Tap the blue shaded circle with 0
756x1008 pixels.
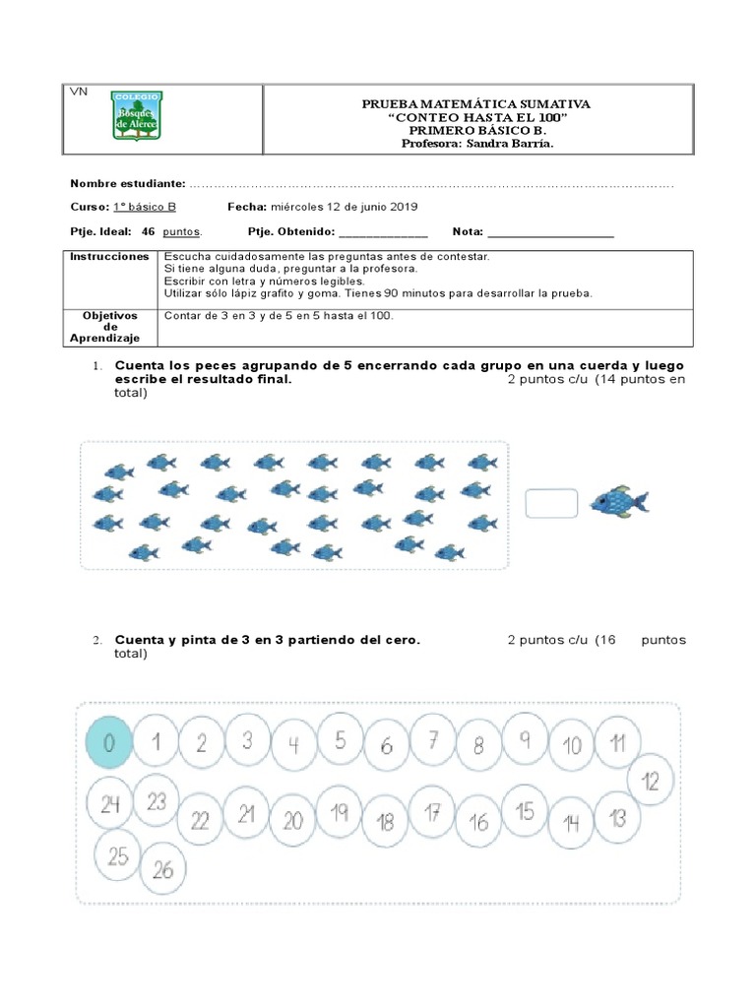click(108, 743)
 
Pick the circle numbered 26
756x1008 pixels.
click(164, 868)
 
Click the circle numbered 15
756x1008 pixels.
click(526, 811)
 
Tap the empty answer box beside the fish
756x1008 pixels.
click(551, 503)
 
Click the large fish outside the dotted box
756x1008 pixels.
click(618, 503)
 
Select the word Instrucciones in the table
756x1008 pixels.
click(107, 256)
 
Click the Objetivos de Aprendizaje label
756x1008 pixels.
click(110, 327)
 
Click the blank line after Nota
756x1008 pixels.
click(550, 233)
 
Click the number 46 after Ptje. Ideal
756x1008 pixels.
click(149, 231)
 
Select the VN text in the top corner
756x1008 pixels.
click(79, 92)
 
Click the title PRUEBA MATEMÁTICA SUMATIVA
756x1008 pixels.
click(476, 103)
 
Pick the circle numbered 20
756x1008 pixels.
click(293, 820)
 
